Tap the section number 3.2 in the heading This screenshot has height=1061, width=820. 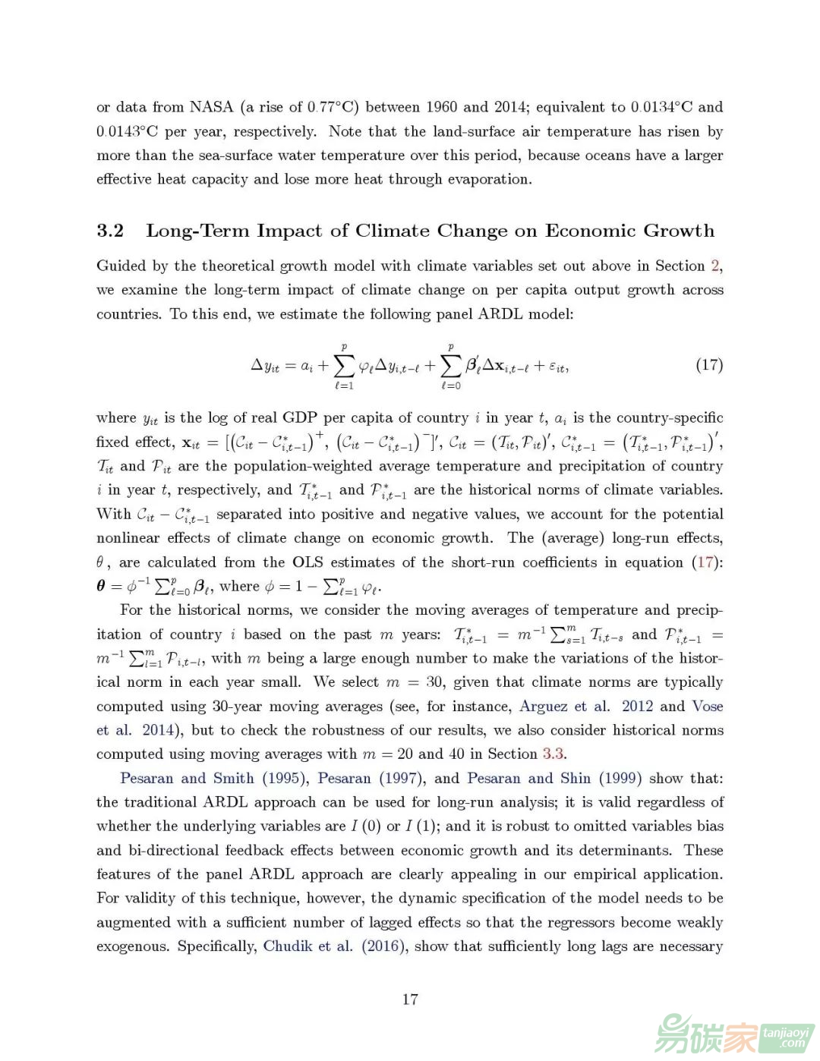click(110, 231)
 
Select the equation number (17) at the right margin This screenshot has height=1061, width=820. click(709, 365)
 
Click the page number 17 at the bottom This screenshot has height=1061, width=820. click(410, 1000)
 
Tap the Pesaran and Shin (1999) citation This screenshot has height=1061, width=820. click(554, 779)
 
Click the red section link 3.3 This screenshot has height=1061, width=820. click(553, 754)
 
